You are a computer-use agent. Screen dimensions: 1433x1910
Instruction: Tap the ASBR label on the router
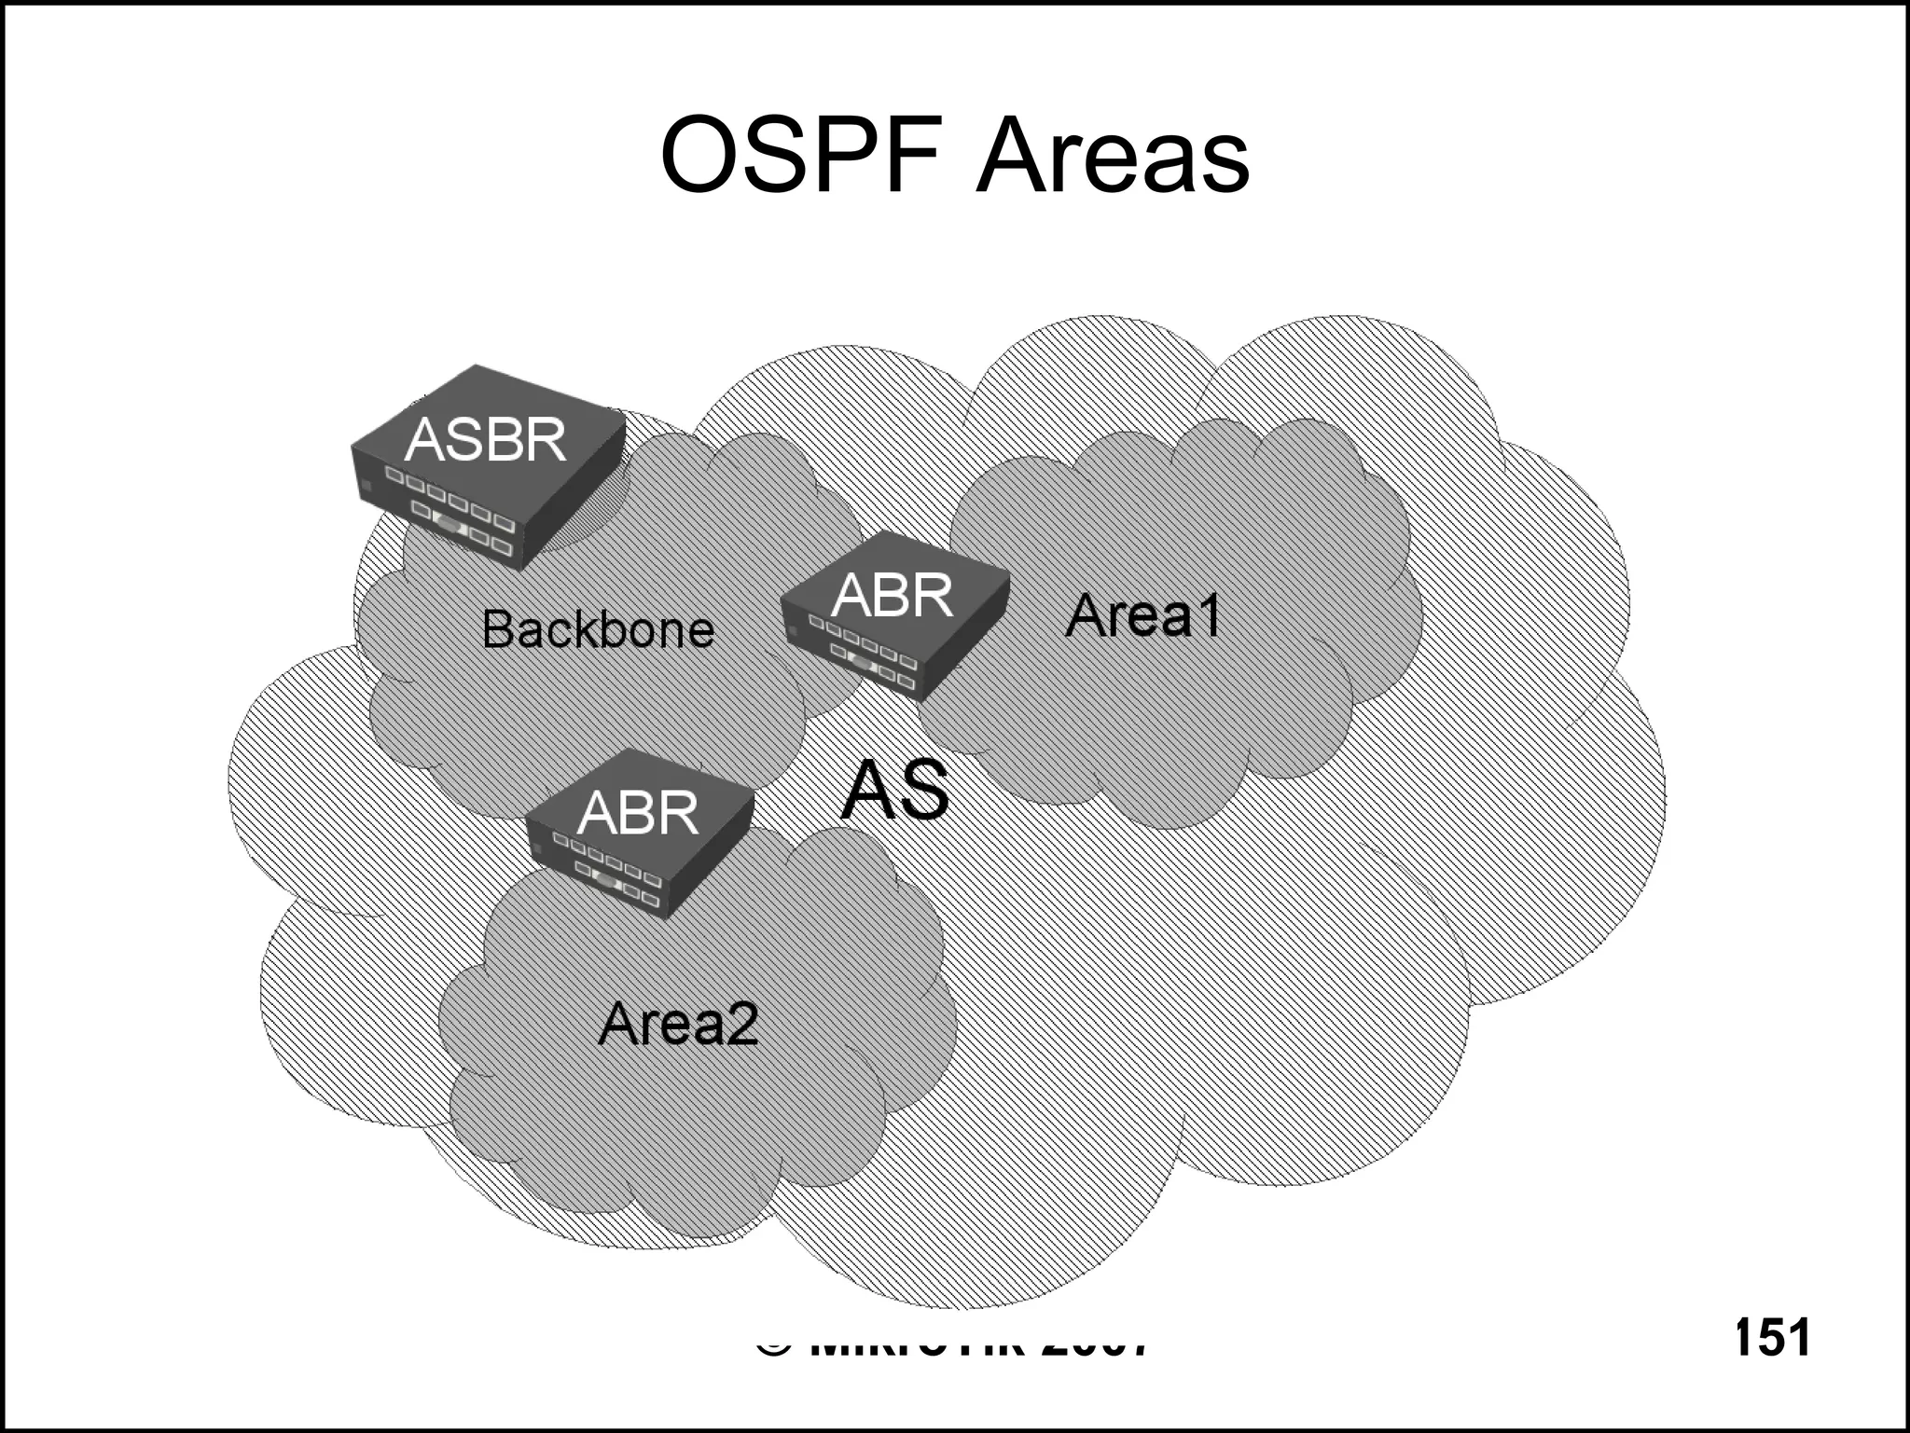(485, 439)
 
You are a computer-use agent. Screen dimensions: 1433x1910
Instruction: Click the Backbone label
(598, 629)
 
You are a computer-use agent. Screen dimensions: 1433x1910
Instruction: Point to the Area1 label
(1142, 615)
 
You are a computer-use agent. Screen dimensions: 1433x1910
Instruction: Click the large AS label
(894, 791)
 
